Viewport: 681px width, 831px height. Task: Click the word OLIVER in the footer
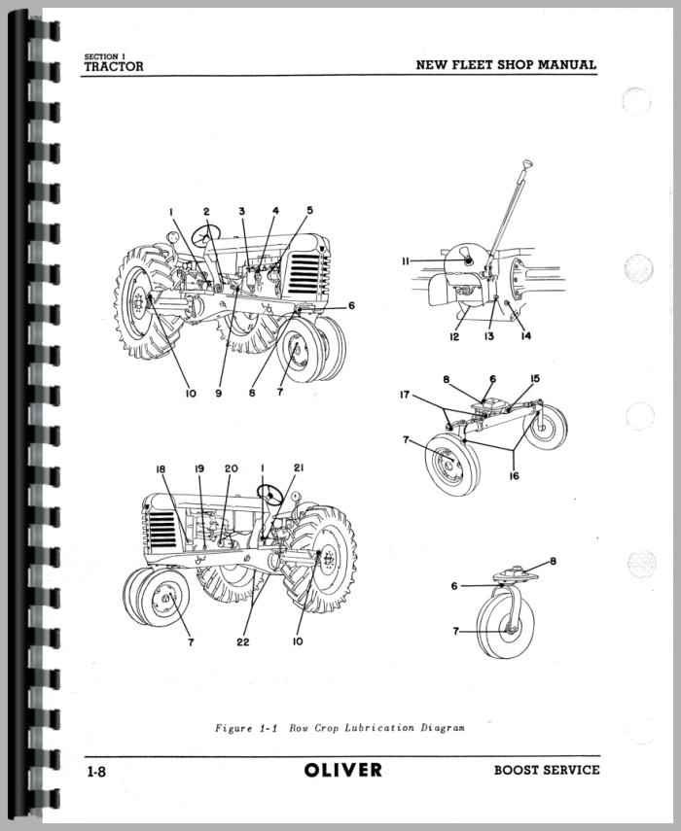(x=343, y=770)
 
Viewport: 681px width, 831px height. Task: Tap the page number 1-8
(x=96, y=772)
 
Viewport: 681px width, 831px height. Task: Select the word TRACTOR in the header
(x=114, y=67)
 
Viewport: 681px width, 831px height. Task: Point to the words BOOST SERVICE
(x=547, y=770)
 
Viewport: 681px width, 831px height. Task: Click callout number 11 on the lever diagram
(x=406, y=260)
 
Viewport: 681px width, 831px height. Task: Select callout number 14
(x=525, y=335)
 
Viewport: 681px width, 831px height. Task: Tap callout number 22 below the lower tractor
(x=243, y=641)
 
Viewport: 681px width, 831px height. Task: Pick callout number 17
(x=405, y=395)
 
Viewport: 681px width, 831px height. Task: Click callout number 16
(x=514, y=476)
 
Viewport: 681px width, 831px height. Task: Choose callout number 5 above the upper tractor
(x=309, y=210)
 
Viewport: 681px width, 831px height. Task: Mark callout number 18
(x=161, y=469)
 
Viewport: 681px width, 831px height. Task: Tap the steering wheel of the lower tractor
(x=269, y=494)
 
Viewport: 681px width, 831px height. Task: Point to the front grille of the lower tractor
(x=162, y=530)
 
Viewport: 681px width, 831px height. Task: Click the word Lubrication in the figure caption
(x=379, y=728)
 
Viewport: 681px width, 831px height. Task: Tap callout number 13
(x=489, y=336)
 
